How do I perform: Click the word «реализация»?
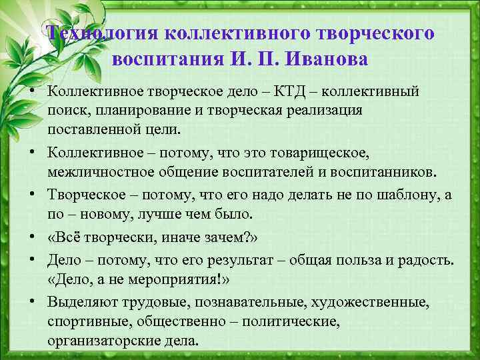[x=327, y=109]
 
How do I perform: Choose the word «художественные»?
[x=381, y=302]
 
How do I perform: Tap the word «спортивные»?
[x=84, y=321]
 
